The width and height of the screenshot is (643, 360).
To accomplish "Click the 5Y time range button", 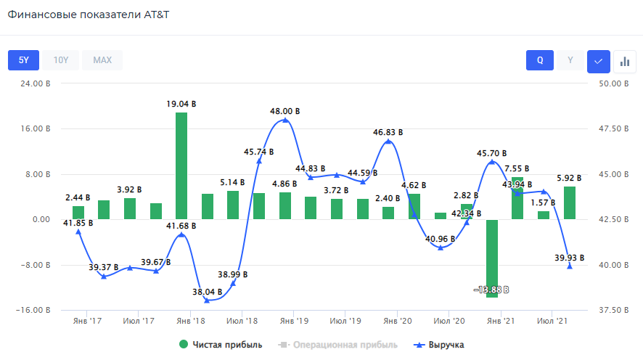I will pos(23,60).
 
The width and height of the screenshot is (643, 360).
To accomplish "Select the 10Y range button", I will pos(61,60).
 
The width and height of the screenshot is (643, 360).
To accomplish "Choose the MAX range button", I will pos(102,60).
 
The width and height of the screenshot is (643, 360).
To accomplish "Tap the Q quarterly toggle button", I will pos(540,61).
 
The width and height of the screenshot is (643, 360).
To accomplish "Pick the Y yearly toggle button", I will pos(570,61).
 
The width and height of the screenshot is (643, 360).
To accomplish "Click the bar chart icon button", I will pos(624,61).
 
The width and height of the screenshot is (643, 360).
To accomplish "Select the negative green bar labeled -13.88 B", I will pos(492,258).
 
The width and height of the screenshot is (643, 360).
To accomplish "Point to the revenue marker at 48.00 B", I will pos(285,120).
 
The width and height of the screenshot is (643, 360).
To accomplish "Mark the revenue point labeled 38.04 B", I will pos(207,300).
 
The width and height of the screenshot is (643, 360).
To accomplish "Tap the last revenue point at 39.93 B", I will pos(570,266).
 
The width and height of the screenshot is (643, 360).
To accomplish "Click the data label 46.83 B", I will pos(388,132).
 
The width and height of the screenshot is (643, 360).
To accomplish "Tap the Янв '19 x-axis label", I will pos(295,320).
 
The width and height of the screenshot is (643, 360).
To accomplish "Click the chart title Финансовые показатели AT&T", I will pos(89,15).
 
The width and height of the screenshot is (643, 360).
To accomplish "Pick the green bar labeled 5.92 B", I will pos(570,202).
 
